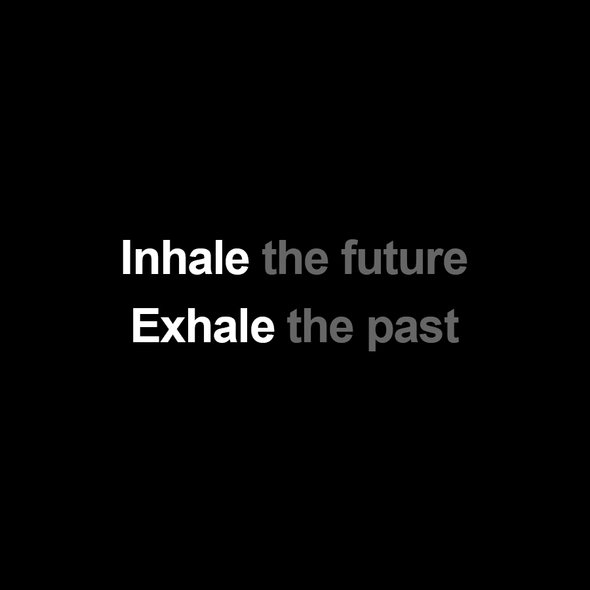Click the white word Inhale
click(x=185, y=258)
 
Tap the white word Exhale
click(x=203, y=327)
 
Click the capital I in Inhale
click(x=126, y=258)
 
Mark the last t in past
click(x=451, y=328)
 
